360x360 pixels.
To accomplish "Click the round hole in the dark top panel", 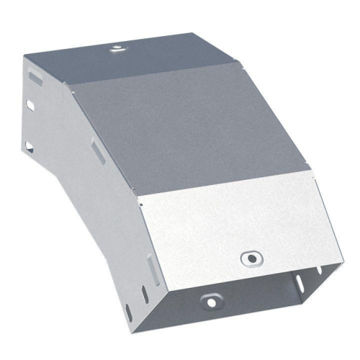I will (115, 49).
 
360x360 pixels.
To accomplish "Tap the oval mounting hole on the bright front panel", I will (251, 257).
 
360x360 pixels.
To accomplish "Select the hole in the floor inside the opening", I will (210, 300).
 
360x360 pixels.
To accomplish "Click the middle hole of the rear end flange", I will (30, 105).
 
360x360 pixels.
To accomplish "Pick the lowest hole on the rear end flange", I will (29, 147).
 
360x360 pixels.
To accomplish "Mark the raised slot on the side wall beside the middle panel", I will (96, 151).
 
